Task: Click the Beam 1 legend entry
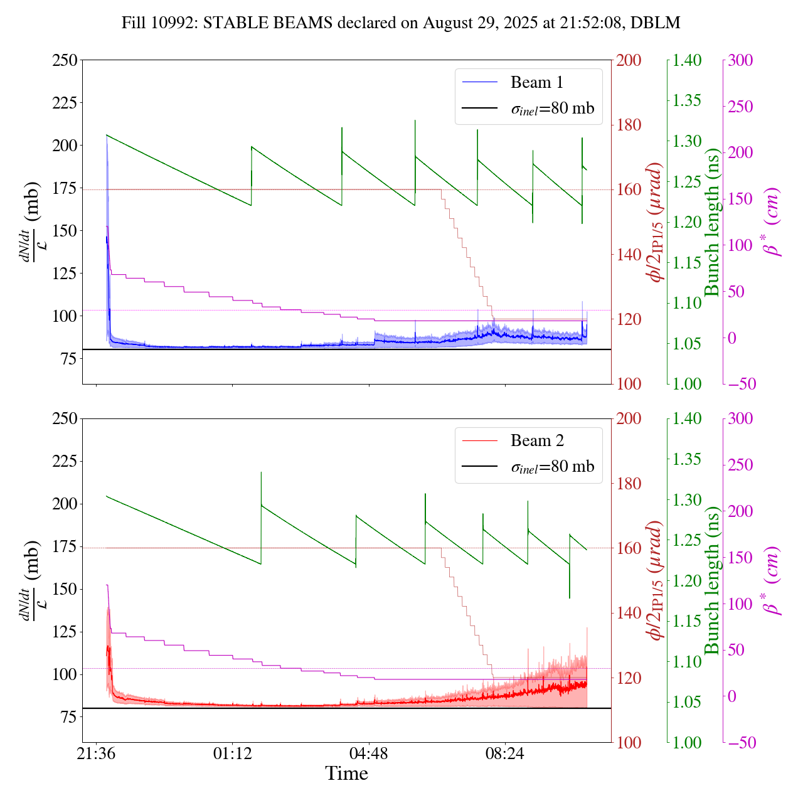[x=536, y=82]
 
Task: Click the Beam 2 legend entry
[x=536, y=440]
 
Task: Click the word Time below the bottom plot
[x=346, y=774]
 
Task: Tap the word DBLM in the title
[x=655, y=23]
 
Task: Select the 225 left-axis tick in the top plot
[x=64, y=103]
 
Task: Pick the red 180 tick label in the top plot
[x=630, y=125]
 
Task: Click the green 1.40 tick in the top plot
[x=688, y=60]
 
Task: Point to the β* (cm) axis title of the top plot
[x=773, y=221]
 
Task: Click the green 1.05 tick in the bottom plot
[x=688, y=702]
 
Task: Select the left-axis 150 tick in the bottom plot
[x=64, y=589]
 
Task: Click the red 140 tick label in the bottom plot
[x=630, y=613]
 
